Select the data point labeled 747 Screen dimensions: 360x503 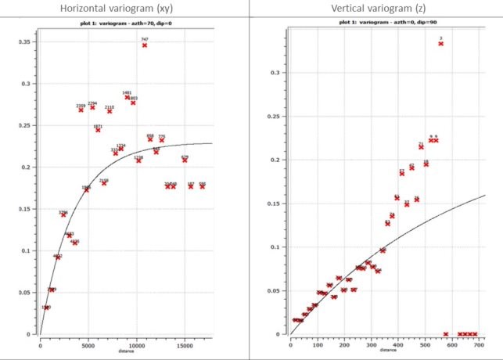145,45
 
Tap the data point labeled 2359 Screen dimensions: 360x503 81,110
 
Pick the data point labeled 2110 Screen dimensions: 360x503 110,111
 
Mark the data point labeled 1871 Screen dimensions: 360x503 98,130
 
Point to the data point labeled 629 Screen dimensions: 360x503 185,160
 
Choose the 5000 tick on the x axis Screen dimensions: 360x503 88,343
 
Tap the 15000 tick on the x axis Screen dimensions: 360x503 185,343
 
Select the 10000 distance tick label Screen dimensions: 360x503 136,343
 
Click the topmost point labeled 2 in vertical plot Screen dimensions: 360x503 441,44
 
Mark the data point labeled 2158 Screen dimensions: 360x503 104,183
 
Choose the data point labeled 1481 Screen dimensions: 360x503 128,97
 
